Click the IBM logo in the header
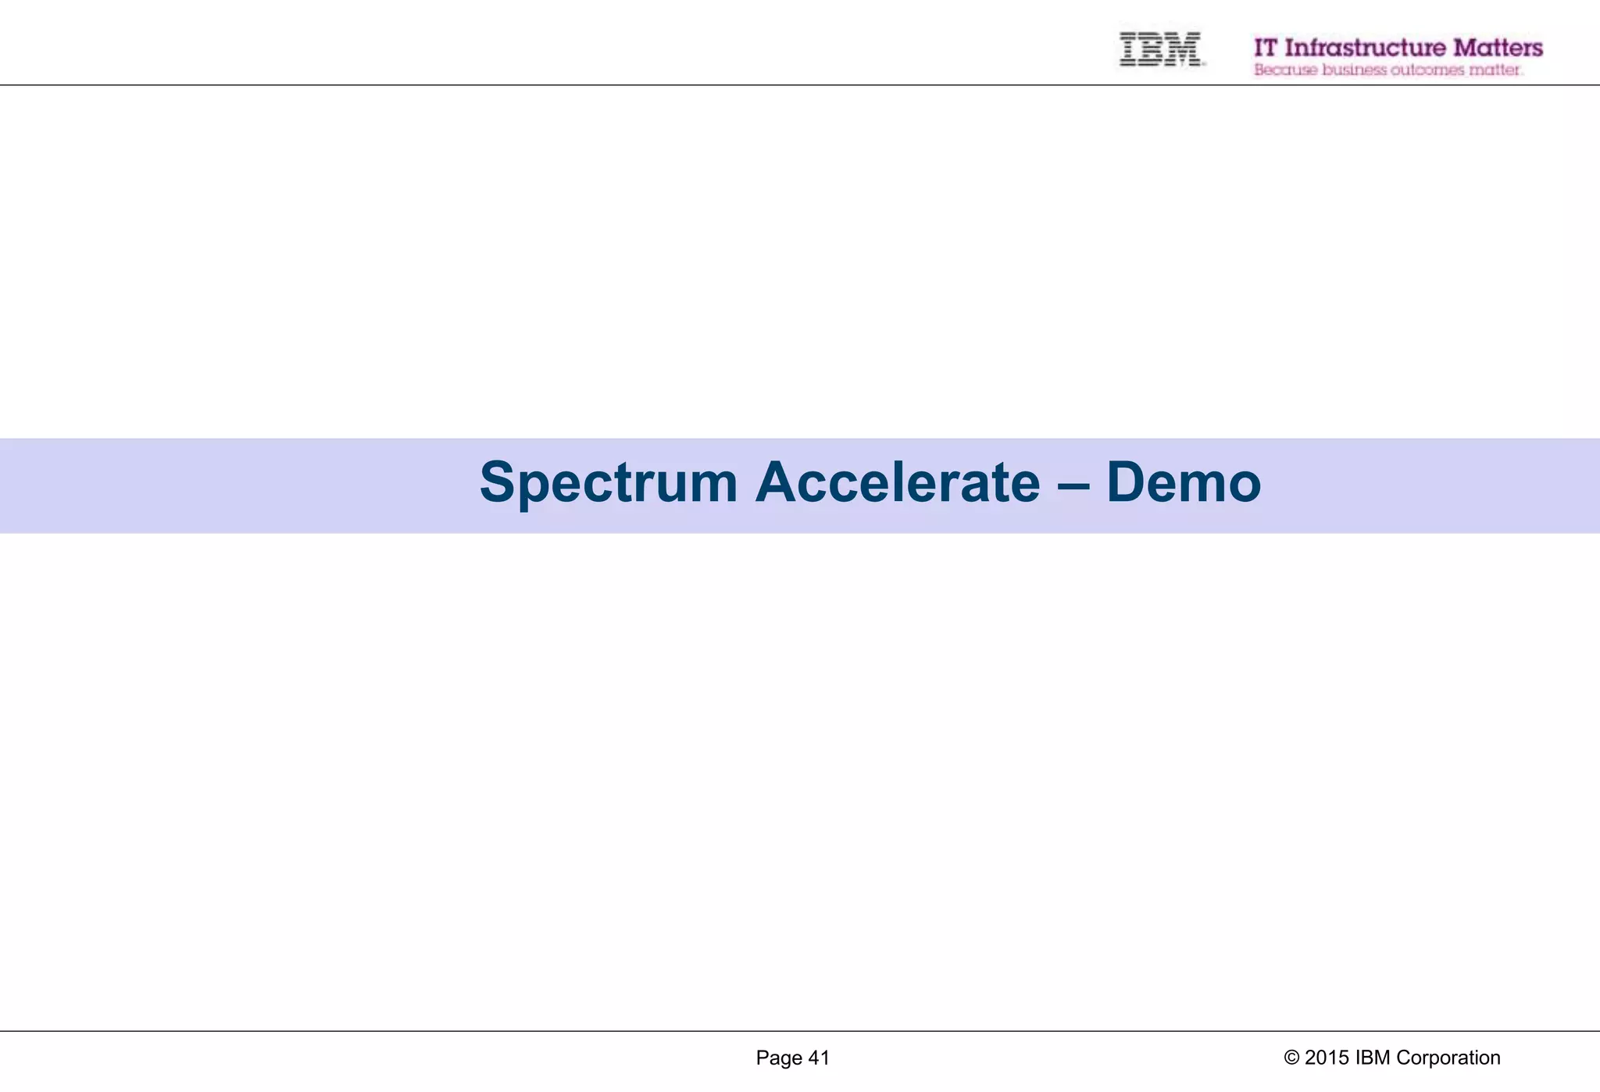(x=1160, y=49)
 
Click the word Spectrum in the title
(x=608, y=483)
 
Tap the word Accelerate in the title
(x=897, y=482)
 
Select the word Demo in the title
(x=1183, y=482)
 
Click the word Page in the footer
(x=778, y=1058)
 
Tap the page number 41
(x=818, y=1058)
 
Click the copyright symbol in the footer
(x=1291, y=1058)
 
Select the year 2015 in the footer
(x=1327, y=1058)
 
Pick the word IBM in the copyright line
(x=1373, y=1058)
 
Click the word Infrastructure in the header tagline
(x=1365, y=48)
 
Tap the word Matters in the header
(x=1498, y=48)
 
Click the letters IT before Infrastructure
(x=1266, y=48)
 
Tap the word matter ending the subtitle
(x=1495, y=70)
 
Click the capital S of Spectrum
(x=498, y=482)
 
